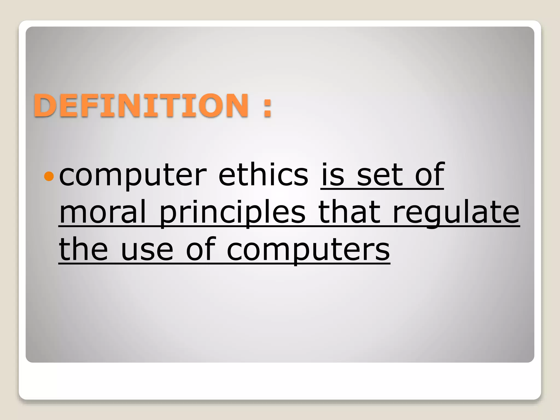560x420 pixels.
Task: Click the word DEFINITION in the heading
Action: [141, 106]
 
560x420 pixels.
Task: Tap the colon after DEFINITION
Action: [267, 106]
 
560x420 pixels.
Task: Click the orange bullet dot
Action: [49, 176]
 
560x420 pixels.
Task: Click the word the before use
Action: [83, 249]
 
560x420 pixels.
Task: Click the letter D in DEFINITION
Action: [45, 106]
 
